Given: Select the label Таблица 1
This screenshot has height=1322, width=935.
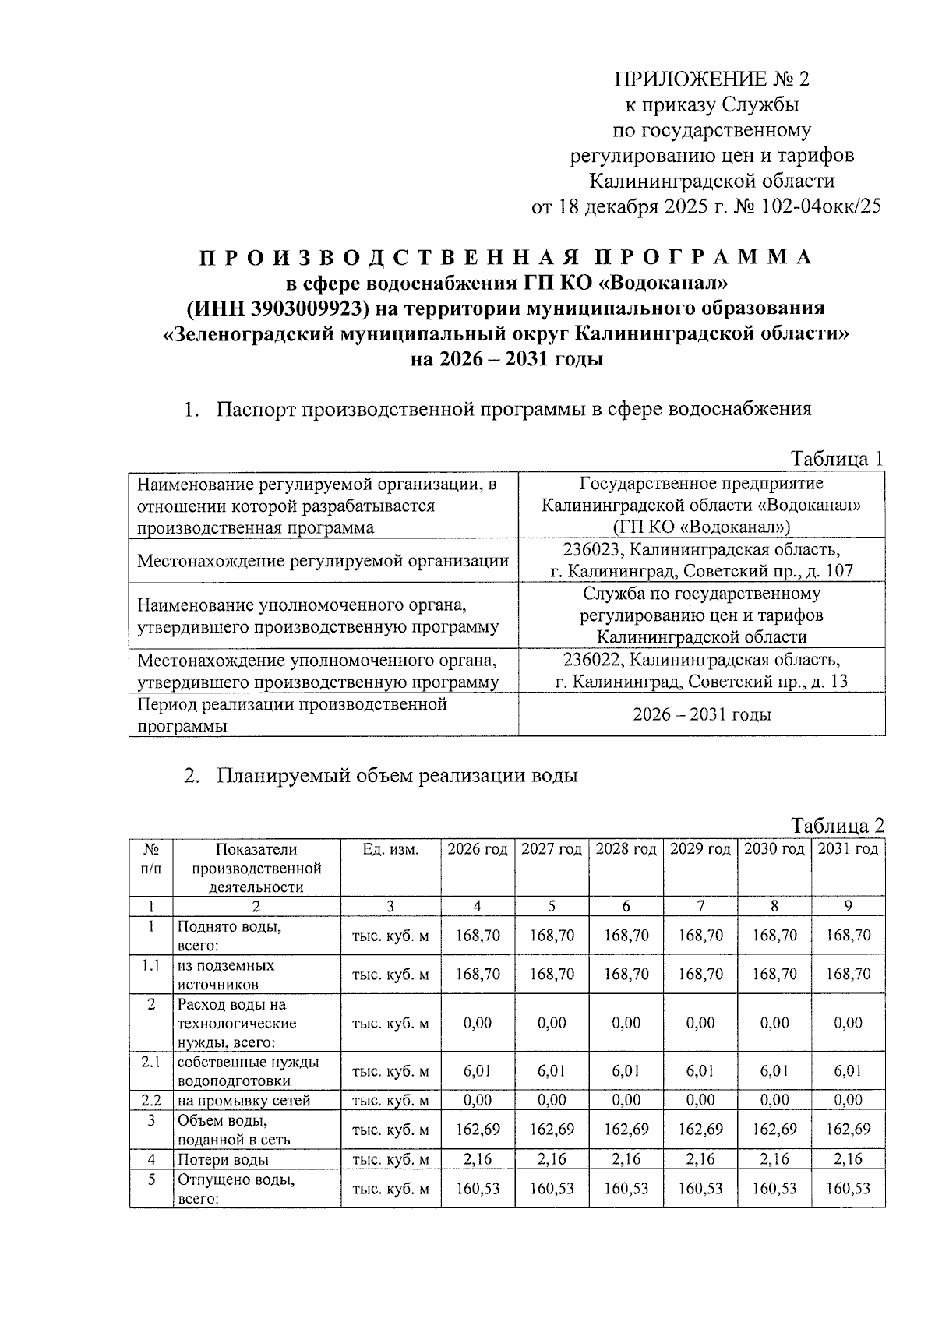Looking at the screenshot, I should click(838, 458).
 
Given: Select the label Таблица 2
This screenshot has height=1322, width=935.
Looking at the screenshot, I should click(838, 825).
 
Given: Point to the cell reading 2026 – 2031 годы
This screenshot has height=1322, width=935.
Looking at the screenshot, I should click(701, 714).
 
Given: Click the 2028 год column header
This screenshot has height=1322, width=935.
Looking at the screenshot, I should click(626, 849).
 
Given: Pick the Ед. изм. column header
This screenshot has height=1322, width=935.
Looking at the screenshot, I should click(390, 849).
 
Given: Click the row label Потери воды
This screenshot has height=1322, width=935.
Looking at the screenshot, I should click(224, 1160).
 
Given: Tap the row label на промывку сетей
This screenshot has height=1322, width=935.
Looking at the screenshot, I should click(244, 1101).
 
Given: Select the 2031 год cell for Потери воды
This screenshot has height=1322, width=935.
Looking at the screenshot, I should click(848, 1160).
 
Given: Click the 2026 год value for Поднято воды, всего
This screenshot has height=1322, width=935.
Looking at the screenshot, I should click(477, 936).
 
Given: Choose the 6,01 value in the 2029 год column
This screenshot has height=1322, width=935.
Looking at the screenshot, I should click(700, 1071).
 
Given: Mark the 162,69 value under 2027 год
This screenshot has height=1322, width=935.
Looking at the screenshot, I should click(552, 1130).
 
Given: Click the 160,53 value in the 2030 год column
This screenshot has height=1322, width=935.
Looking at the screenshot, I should click(774, 1189).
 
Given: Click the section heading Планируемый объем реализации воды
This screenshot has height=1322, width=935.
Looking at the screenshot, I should click(397, 776).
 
